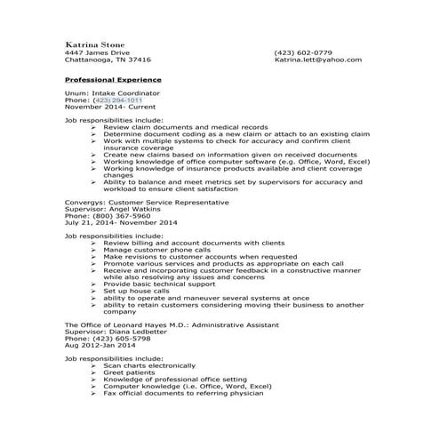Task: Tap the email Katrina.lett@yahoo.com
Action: tap(317, 60)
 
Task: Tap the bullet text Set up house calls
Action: tap(136, 290)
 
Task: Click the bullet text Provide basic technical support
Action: tap(159, 284)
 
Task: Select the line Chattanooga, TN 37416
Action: tap(108, 60)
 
